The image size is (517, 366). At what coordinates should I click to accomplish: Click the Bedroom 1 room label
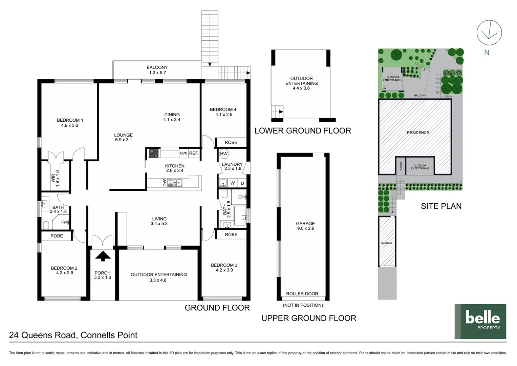pos(70,123)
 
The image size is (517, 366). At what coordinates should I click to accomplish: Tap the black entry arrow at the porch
pos(103,256)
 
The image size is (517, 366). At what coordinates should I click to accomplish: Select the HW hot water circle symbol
pos(224,154)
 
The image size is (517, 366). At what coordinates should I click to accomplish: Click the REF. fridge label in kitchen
pos(194,153)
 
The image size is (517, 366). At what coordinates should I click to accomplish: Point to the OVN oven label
pos(184,153)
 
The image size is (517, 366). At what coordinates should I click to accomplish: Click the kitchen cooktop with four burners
pos(154,153)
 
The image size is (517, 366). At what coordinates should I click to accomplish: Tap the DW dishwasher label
pos(165,183)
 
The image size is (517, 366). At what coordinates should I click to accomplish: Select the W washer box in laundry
pos(233,183)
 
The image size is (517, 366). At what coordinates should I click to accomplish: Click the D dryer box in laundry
pos(242,183)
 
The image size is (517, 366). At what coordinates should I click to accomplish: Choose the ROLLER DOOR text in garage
pos(302,294)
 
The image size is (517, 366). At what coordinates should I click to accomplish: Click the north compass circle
pos(489,33)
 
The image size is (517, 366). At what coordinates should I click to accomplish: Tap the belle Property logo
pos(480,321)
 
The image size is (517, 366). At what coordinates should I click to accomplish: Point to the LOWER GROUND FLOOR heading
pos(302,131)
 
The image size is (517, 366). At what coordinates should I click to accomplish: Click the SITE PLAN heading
pos(441,206)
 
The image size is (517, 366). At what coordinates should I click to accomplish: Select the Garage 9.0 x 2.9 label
pos(305,226)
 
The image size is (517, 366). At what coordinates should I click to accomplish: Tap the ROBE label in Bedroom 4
pos(231,142)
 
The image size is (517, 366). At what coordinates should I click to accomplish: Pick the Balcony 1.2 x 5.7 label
pos(157,70)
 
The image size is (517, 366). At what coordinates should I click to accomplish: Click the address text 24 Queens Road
pos(73,335)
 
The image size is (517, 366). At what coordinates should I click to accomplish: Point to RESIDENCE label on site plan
pos(417,133)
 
